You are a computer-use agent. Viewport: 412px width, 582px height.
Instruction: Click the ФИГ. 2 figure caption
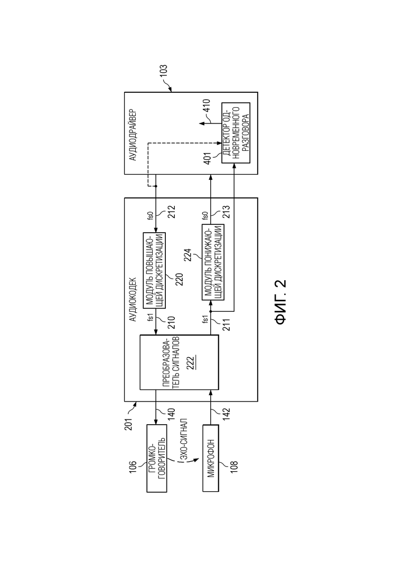click(281, 302)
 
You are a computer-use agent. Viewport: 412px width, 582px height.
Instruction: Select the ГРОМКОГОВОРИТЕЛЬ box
click(157, 459)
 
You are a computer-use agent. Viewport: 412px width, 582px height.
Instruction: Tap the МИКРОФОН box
click(211, 459)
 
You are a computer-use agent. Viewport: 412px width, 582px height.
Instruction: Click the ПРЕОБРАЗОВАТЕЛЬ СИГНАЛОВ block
click(179, 362)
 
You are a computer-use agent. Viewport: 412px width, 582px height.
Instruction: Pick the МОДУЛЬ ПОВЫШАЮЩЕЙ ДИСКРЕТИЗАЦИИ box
click(154, 270)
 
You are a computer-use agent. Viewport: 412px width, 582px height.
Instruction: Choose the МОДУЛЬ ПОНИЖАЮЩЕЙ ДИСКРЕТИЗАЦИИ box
click(213, 262)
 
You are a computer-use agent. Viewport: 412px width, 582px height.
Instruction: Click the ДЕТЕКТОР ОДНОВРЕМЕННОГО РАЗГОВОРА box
click(236, 132)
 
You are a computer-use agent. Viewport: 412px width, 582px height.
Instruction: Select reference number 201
click(128, 424)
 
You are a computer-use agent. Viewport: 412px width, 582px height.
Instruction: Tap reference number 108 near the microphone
click(234, 466)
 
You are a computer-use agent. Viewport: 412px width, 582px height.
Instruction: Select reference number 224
click(188, 255)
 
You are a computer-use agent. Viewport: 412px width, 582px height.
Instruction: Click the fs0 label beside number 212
click(151, 216)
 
